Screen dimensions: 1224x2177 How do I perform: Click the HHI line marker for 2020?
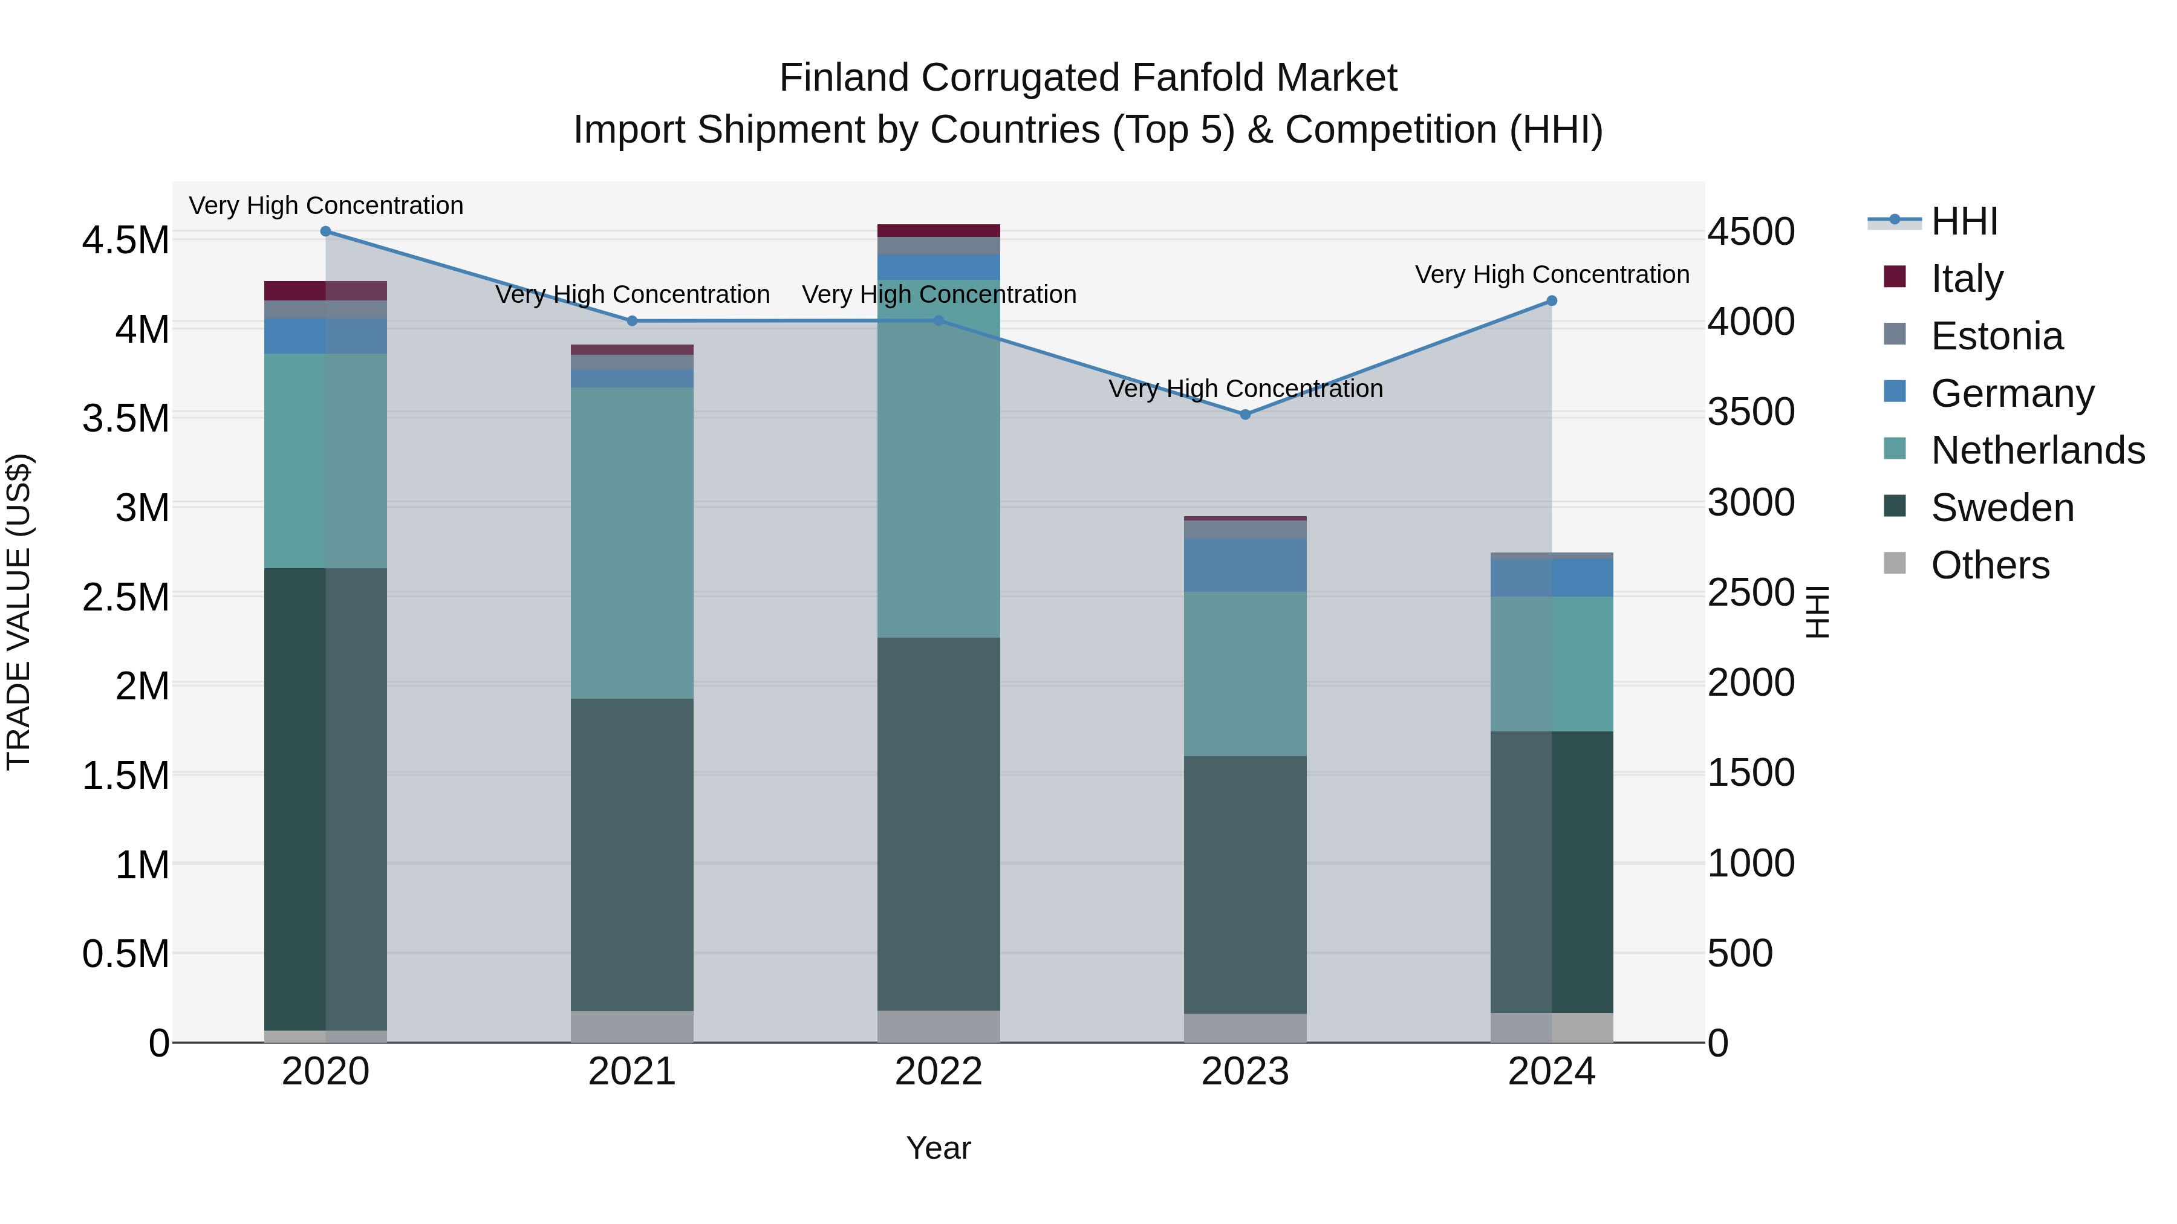tap(325, 232)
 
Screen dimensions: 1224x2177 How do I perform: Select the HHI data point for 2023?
tap(1245, 415)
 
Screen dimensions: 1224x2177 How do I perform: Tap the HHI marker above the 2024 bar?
tap(1552, 301)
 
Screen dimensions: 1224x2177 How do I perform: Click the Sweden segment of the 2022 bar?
tap(938, 824)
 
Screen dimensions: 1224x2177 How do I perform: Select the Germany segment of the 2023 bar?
tap(1245, 565)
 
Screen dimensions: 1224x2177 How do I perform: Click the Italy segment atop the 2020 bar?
tap(325, 291)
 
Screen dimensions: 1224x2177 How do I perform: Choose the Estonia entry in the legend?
tap(1996, 336)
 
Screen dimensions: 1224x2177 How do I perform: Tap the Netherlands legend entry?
tap(2037, 450)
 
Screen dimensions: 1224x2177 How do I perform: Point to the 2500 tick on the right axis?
tap(1751, 593)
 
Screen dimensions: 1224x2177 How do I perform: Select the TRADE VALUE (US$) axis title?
tap(19, 612)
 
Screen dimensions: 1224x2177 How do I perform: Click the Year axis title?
tap(938, 1148)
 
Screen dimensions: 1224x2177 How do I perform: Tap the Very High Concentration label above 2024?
tap(1552, 274)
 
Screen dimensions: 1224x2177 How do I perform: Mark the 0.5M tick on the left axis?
tap(125, 954)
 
